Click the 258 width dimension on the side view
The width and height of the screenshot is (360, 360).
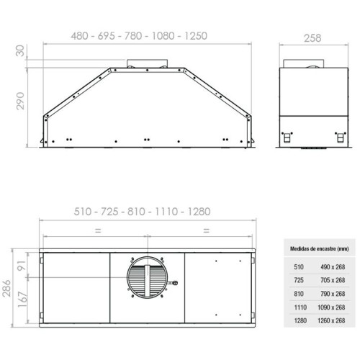click(312, 38)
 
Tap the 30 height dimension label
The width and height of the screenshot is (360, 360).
click(20, 51)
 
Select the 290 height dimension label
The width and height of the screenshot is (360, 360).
click(20, 101)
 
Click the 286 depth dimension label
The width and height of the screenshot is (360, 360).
click(6, 288)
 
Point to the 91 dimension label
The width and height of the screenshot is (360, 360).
click(22, 265)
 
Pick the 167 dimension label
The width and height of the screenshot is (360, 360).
click(22, 300)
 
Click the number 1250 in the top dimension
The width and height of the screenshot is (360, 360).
click(196, 36)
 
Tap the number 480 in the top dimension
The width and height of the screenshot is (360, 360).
click(80, 36)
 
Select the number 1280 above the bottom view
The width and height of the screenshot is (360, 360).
click(199, 212)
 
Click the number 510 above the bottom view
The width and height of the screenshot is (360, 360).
click(83, 212)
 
